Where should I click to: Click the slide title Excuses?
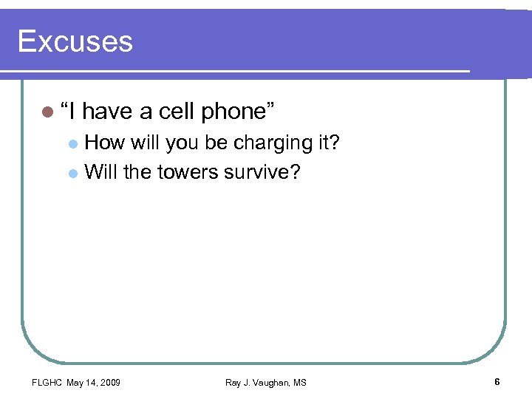(x=75, y=41)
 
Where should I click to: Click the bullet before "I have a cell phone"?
(x=48, y=112)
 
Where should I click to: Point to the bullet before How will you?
(x=72, y=143)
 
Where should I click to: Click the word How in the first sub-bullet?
(x=105, y=142)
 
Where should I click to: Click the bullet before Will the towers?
(x=72, y=174)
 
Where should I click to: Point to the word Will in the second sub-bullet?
(x=100, y=172)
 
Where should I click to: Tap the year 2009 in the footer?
(x=109, y=382)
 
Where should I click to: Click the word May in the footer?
(x=75, y=382)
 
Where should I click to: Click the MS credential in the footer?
(x=299, y=382)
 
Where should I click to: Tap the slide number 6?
(x=497, y=381)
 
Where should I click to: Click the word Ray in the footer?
(x=233, y=382)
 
